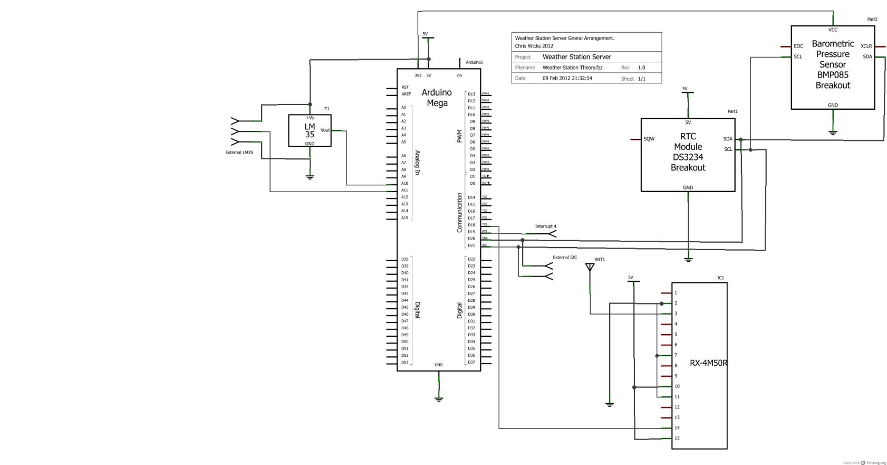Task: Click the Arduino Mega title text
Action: [437, 98]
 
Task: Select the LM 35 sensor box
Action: [310, 130]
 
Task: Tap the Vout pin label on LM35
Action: [325, 130]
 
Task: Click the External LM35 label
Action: [239, 153]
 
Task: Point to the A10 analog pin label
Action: [404, 183]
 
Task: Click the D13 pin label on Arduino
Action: [471, 94]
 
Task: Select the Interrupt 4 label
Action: [545, 226]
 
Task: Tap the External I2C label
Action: [564, 258]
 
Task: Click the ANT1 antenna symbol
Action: [590, 268]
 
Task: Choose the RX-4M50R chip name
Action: [708, 363]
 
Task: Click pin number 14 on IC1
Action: [677, 428]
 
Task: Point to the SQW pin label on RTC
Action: [649, 139]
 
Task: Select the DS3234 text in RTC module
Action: [688, 157]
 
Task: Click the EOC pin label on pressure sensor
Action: [798, 46]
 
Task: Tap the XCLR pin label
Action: [866, 46]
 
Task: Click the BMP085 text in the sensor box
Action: [833, 75]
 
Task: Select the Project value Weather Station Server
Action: [576, 57]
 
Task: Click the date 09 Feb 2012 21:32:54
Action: [567, 78]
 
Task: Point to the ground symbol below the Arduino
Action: [439, 399]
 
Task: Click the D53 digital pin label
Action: [404, 363]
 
